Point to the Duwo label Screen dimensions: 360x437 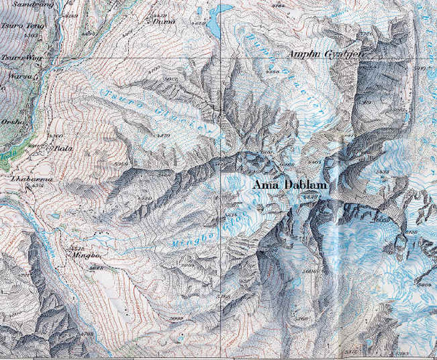tap(162, 20)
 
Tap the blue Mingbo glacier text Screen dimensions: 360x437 tap(195, 235)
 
